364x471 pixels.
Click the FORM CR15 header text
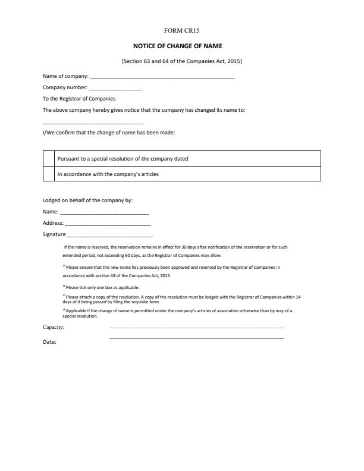tap(181, 30)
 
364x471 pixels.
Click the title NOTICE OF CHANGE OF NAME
tap(181, 46)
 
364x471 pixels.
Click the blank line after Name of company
tap(162, 77)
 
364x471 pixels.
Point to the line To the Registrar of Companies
tap(79, 99)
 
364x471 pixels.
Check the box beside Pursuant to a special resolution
tap(49, 159)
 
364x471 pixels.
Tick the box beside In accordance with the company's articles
tap(49, 174)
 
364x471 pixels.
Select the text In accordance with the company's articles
tap(108, 174)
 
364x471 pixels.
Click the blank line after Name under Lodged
tap(104, 212)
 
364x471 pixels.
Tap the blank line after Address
tap(108, 224)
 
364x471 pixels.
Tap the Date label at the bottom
tap(49, 342)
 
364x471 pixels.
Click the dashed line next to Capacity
tap(197, 328)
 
